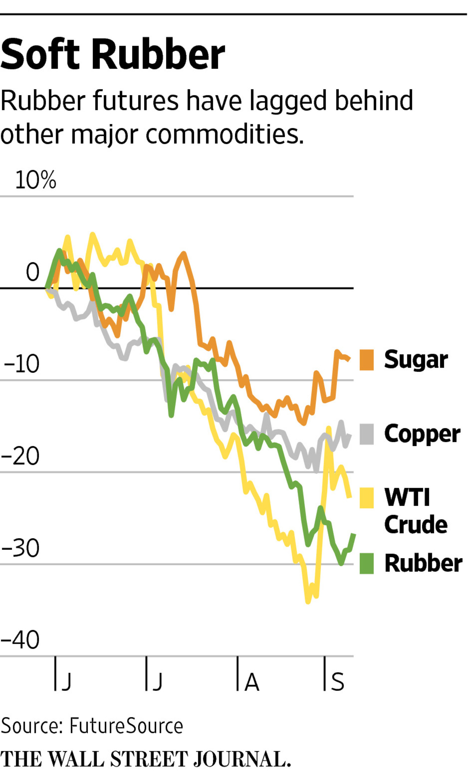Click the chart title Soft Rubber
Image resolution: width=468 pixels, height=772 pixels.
113,55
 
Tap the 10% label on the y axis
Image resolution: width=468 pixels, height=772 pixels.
35,180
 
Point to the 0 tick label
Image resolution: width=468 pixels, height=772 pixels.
33,272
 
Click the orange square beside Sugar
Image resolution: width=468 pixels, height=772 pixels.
366,360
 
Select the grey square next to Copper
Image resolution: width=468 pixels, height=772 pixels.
366,434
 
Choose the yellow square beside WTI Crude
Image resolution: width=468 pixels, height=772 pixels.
366,498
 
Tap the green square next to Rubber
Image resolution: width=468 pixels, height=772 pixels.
366,563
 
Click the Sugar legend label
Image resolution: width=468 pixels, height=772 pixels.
416,360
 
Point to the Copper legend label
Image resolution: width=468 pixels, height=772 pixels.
422,434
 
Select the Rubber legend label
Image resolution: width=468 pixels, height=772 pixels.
423,563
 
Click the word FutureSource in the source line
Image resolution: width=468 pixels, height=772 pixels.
126,726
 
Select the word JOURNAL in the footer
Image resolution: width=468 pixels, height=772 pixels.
241,759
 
